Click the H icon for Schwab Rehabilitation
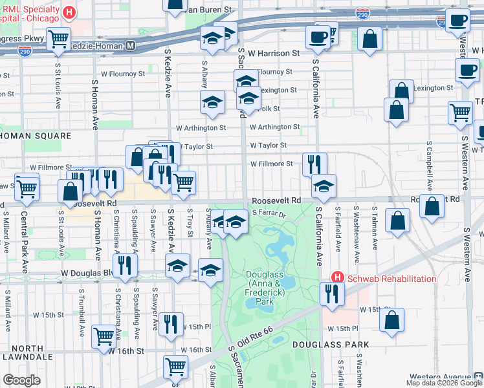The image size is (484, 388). click(x=336, y=277)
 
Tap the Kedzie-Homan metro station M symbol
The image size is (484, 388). click(x=131, y=46)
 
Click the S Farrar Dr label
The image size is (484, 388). click(x=269, y=212)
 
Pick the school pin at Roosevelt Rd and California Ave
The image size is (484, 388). click(x=324, y=186)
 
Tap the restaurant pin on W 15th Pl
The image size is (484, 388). click(x=171, y=323)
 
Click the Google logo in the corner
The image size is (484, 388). click(x=22, y=380)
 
